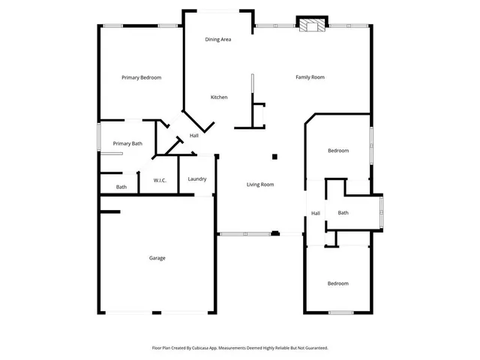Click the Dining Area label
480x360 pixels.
coord(218,39)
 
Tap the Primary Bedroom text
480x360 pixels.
coord(142,77)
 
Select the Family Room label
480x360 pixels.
coord(310,77)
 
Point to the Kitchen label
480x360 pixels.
coord(219,97)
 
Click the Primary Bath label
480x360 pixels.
coord(127,143)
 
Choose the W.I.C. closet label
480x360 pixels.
coord(160,181)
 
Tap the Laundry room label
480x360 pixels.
coord(197,178)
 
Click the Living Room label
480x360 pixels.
coord(261,184)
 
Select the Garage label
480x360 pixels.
coord(157,258)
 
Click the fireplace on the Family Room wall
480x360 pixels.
coord(311,25)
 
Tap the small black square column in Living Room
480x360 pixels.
coord(274,157)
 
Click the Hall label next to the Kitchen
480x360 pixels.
coord(193,136)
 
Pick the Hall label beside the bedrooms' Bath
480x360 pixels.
coord(316,213)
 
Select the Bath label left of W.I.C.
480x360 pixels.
coord(121,187)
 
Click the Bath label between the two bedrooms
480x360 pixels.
coord(343,213)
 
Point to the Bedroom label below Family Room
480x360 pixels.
coord(338,151)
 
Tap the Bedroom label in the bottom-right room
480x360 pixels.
coord(337,283)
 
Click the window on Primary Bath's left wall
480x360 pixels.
coord(100,139)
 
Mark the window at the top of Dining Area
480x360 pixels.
coord(219,10)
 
